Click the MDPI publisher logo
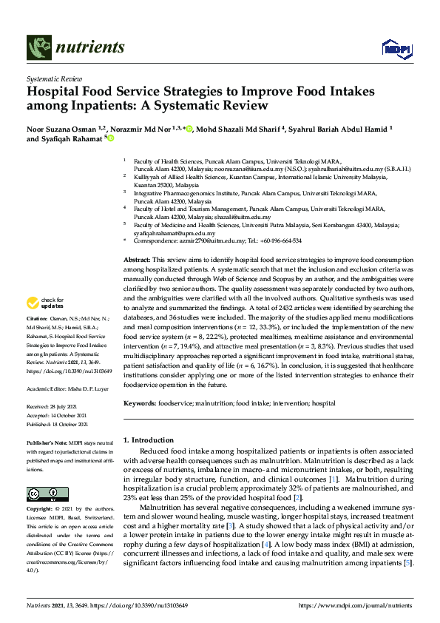[x=396, y=49]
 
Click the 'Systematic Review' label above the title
[x=54, y=78]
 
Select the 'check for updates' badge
[x=44, y=302]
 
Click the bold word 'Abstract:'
[x=136, y=261]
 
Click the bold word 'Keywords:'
[x=140, y=403]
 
